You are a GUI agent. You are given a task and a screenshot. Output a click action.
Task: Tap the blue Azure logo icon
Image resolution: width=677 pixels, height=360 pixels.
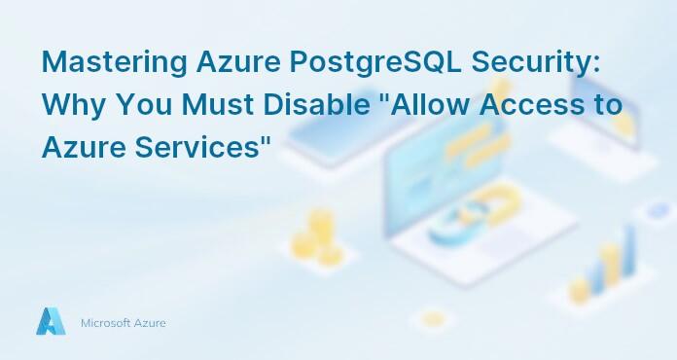click(51, 322)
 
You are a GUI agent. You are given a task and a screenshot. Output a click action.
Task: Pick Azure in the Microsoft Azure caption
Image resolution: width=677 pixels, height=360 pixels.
click(150, 322)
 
